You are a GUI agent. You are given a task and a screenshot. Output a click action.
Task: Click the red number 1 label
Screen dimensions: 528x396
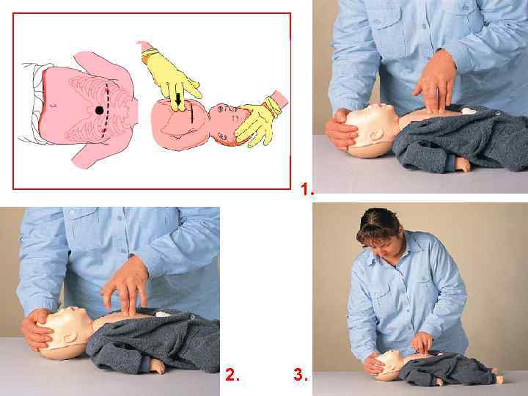pos(307,189)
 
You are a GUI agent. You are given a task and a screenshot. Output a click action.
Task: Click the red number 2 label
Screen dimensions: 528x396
pos(232,375)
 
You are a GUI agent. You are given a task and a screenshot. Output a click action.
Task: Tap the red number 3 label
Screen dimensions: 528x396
pos(301,374)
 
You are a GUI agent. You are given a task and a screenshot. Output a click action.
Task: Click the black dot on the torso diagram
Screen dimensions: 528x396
pos(99,110)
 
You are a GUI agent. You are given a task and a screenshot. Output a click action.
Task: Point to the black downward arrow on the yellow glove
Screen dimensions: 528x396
pos(178,99)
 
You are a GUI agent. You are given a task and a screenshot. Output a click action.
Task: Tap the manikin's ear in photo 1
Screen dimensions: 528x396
pos(375,135)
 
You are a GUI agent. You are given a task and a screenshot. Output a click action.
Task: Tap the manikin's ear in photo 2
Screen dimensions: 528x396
pos(70,337)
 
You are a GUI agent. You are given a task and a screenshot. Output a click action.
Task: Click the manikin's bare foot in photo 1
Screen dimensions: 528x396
pos(462,164)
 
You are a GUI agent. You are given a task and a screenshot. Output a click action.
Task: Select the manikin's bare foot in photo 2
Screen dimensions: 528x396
pos(157,366)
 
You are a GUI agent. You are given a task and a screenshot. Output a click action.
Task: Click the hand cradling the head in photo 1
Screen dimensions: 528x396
pos(341,129)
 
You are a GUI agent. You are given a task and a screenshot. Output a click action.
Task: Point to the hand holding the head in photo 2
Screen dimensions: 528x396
pos(36,330)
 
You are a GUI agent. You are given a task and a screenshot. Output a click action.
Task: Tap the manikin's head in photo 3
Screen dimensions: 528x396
pos(389,364)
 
